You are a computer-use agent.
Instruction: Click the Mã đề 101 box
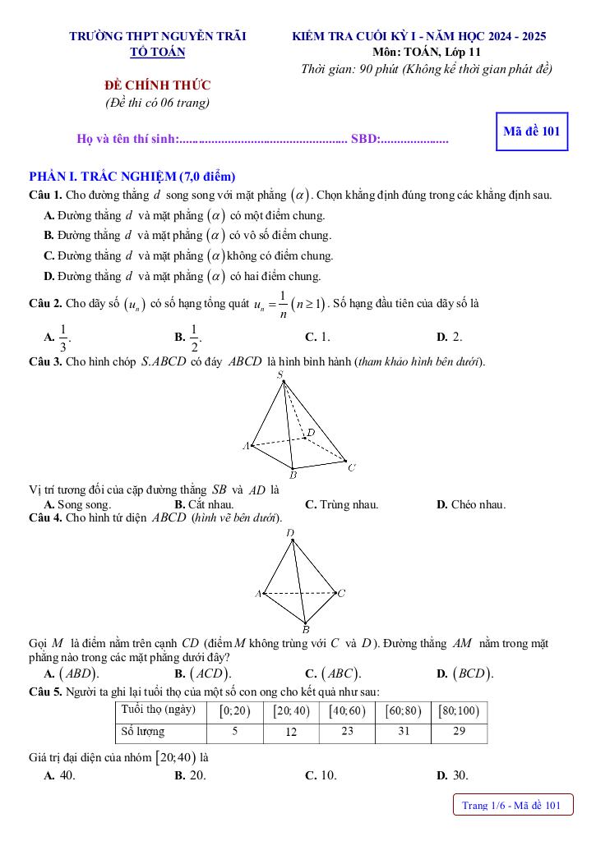pyautogui.click(x=532, y=131)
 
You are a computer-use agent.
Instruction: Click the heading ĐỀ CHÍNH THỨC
pyautogui.click(x=157, y=85)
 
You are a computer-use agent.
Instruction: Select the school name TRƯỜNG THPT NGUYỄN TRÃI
pyautogui.click(x=158, y=36)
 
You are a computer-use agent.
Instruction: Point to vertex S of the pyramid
pyautogui.click(x=280, y=375)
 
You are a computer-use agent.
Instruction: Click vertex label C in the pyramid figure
pyautogui.click(x=351, y=468)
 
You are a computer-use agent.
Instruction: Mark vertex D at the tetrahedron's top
pyautogui.click(x=290, y=533)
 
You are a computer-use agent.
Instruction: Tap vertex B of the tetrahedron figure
pyautogui.click(x=305, y=630)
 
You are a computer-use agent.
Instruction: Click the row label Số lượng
pyautogui.click(x=143, y=732)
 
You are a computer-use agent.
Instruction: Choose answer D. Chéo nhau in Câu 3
pyautogui.click(x=471, y=504)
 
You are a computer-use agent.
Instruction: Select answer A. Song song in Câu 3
pyautogui.click(x=77, y=504)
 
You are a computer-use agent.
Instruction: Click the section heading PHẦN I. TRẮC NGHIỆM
pyautogui.click(x=132, y=177)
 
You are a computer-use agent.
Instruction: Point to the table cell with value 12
pyautogui.click(x=291, y=732)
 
